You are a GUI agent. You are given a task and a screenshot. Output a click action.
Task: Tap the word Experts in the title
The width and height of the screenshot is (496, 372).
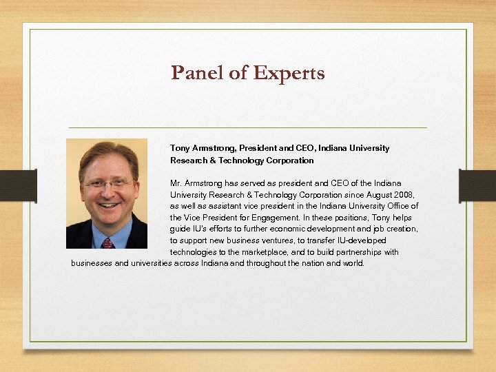(289, 73)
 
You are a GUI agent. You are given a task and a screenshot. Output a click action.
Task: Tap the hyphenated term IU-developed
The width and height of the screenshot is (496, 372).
(362, 240)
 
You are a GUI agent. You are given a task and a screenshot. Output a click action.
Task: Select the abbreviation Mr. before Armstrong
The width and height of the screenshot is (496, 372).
(176, 183)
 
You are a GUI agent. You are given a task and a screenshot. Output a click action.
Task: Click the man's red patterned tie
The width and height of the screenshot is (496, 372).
(107, 242)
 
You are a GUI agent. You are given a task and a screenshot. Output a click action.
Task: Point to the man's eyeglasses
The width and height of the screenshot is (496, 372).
(106, 185)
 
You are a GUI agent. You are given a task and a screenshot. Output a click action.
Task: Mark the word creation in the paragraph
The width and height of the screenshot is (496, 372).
(402, 229)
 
